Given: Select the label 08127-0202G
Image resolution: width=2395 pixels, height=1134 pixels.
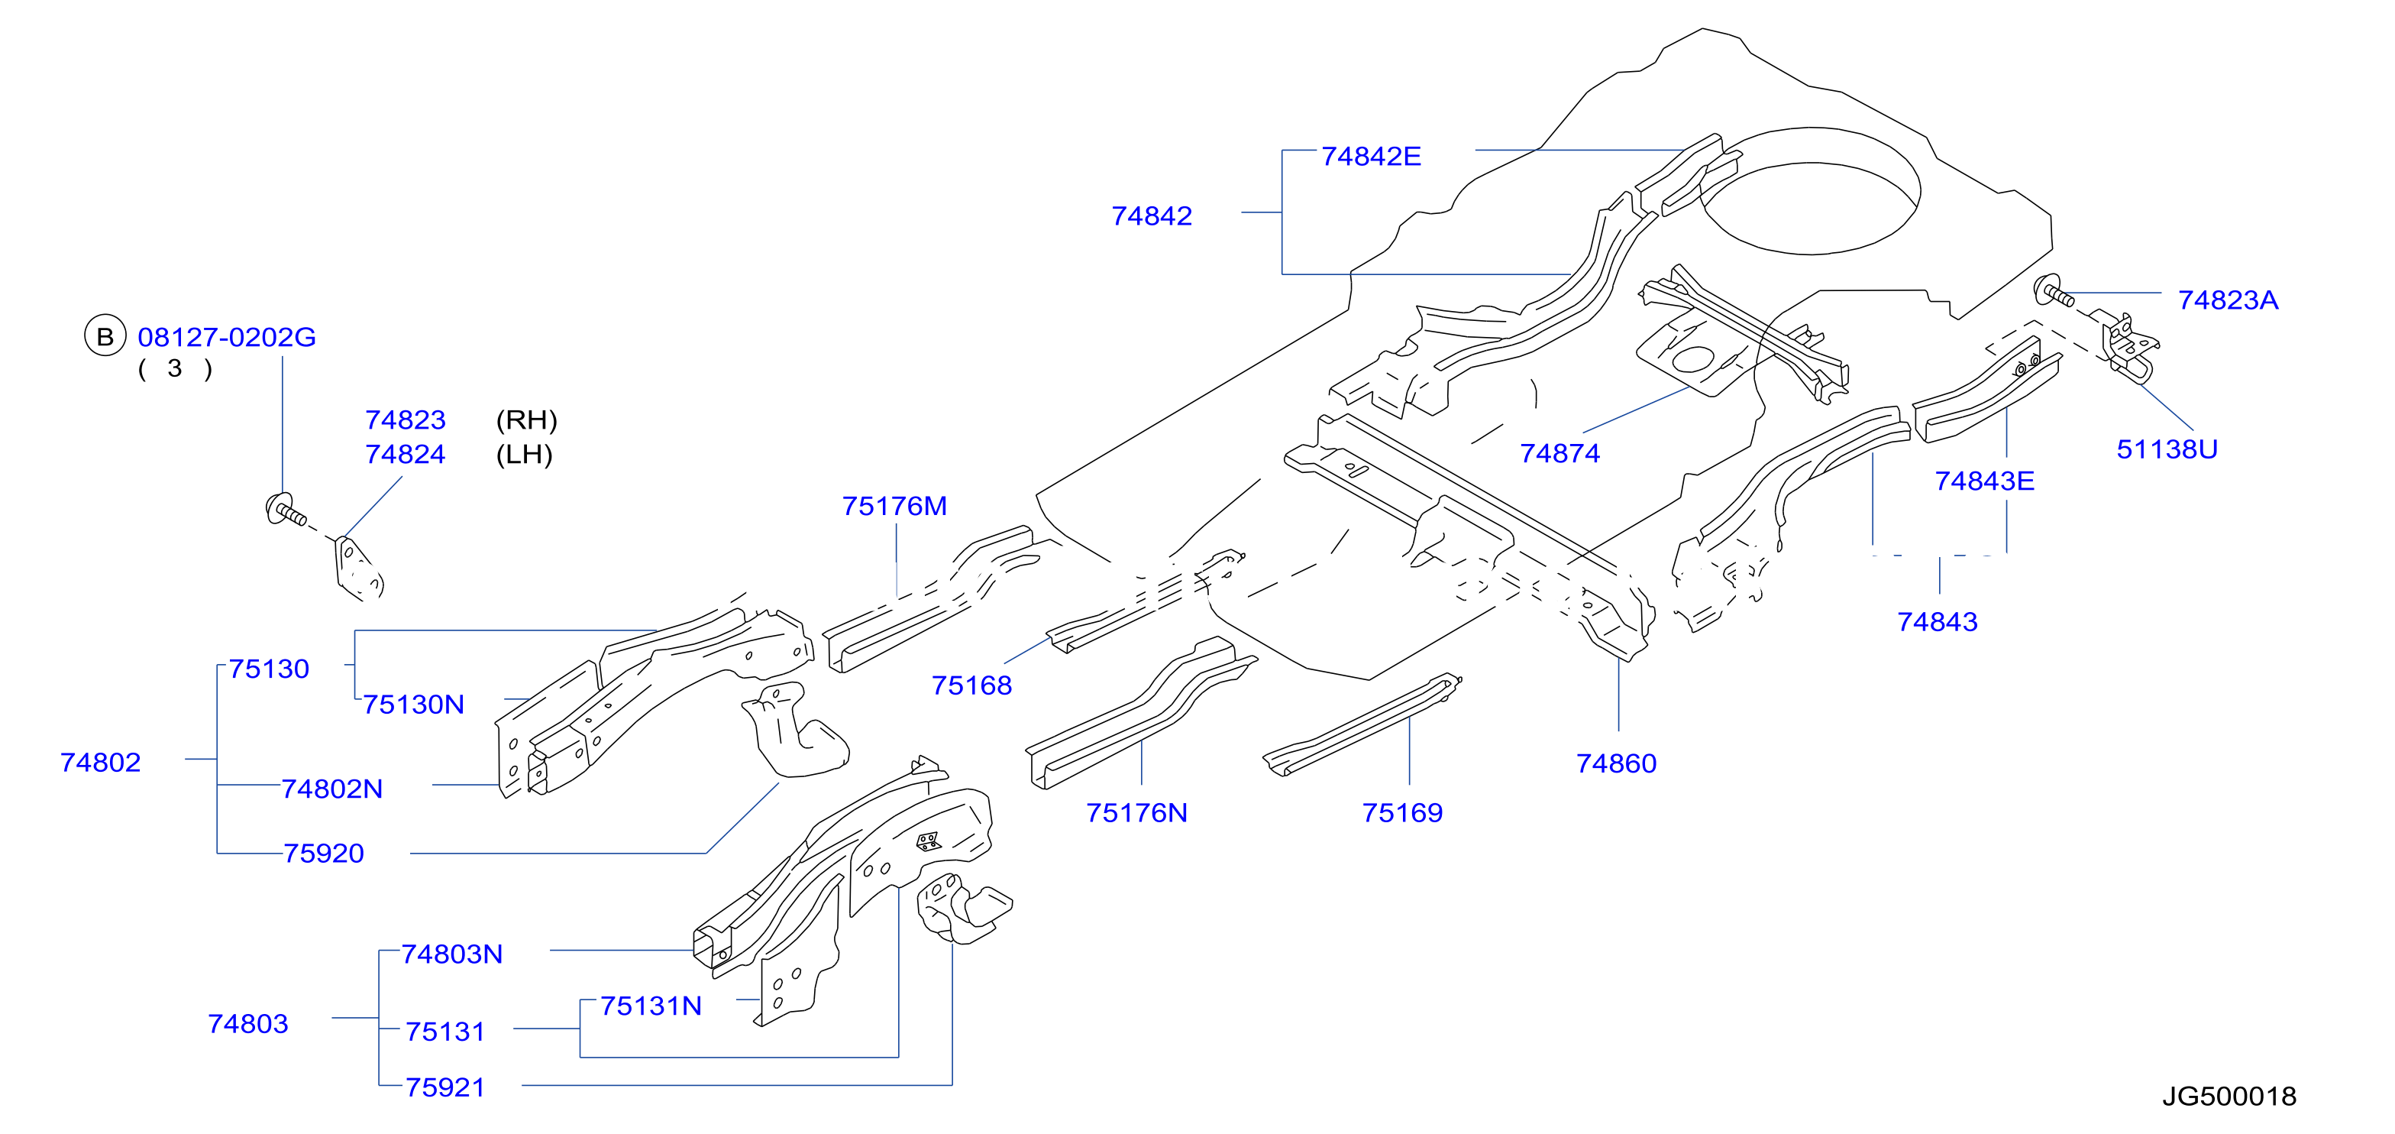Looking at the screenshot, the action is (227, 337).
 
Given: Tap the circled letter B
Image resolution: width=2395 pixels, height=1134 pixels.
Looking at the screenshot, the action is (105, 335).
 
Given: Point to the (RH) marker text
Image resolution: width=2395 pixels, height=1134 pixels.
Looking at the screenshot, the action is (526, 420).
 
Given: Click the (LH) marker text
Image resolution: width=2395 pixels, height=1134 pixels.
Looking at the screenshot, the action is (525, 454).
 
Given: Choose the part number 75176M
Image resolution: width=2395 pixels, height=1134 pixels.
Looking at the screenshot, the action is (894, 506).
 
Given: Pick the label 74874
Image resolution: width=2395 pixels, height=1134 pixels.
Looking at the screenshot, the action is (1560, 453).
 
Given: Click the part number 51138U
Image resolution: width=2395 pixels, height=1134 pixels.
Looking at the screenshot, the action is (2167, 449).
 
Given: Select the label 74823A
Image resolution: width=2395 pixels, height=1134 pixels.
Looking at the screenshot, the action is (2228, 300).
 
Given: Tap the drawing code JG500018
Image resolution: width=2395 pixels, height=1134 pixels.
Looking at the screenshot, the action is (2229, 1096).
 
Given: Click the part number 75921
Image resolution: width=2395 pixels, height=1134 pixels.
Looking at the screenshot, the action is (445, 1087).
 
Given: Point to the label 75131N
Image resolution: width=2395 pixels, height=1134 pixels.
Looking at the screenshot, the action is (651, 1006).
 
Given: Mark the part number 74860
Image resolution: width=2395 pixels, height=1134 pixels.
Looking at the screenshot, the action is (1616, 763).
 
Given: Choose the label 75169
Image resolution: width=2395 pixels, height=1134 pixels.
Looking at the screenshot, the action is (1402, 812).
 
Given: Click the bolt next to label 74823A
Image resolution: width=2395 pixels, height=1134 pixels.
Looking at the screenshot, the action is (2053, 292).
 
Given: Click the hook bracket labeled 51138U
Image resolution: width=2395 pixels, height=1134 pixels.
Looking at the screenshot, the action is (2129, 346).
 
